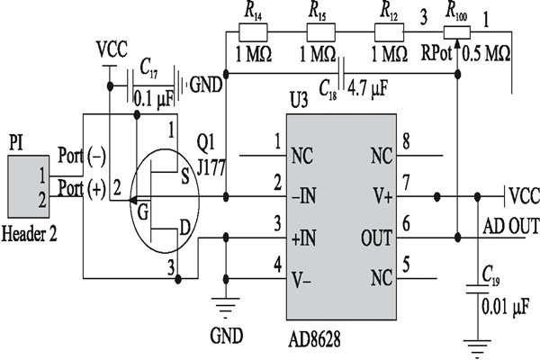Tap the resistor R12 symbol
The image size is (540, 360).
[389, 31]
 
